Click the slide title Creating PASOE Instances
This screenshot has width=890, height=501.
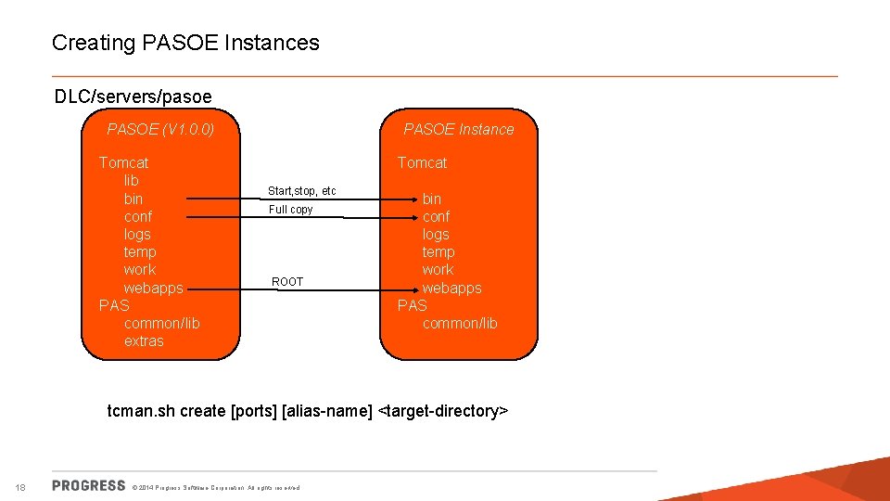click(x=185, y=43)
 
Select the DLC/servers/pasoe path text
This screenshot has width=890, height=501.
click(x=133, y=96)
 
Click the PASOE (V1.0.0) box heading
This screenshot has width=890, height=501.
click(x=160, y=129)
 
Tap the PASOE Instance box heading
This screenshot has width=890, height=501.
click(x=458, y=129)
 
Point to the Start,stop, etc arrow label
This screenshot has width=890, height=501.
click(x=301, y=191)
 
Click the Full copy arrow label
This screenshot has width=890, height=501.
click(x=290, y=210)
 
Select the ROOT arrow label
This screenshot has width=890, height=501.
click(x=287, y=281)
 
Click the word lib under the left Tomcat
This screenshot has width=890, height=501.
click(x=131, y=180)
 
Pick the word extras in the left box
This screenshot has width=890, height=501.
click(x=144, y=341)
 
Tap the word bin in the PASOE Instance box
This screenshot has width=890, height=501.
click(x=432, y=199)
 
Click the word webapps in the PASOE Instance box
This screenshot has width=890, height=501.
click(x=451, y=288)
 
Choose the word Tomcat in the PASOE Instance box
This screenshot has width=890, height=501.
click(x=422, y=162)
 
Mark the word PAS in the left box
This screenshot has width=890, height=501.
click(x=114, y=305)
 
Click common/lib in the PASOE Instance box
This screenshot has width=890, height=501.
click(x=460, y=324)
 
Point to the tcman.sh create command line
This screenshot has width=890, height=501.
click(x=308, y=411)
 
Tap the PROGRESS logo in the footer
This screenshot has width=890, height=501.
click(x=89, y=485)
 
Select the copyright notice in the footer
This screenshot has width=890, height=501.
click(x=217, y=488)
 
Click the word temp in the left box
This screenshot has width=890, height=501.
click(x=140, y=252)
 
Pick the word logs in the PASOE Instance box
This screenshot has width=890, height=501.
click(x=436, y=235)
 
